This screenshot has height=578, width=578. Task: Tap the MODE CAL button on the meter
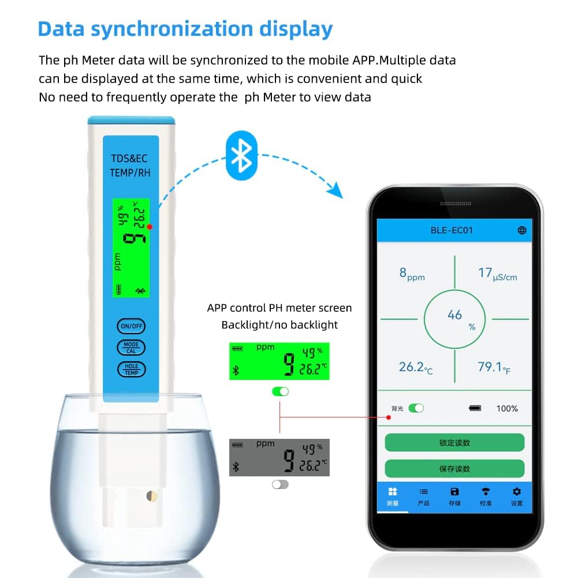point(131,347)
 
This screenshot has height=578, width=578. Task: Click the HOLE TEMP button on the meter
point(131,370)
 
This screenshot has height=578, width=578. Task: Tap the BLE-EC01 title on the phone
point(452,230)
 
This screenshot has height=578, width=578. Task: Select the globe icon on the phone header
point(522,230)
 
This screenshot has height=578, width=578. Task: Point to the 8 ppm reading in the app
point(411,274)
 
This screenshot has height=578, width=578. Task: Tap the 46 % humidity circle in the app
point(456,317)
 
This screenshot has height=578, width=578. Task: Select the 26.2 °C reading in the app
point(415,367)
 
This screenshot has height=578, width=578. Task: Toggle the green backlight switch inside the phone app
point(416,408)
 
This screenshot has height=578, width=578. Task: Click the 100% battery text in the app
point(507,408)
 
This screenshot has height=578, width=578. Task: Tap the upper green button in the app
point(454,443)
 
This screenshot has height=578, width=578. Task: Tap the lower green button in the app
point(454,468)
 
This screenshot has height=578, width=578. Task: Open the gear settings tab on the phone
point(517,495)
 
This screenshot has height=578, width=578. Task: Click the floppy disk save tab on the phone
point(454,495)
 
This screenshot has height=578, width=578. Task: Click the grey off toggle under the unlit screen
point(280,484)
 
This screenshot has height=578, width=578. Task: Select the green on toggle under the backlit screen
point(280,391)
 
